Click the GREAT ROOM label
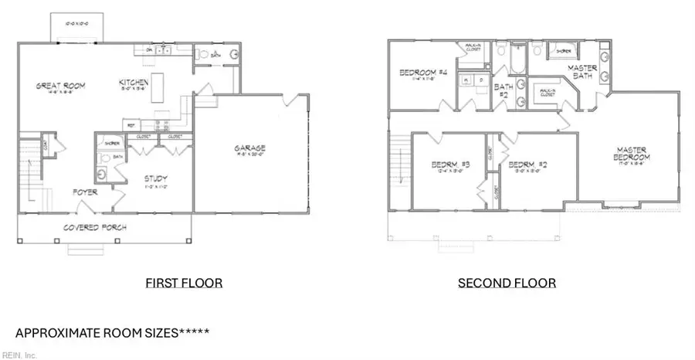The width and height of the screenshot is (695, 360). (x=59, y=85)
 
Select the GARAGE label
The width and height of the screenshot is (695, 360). (x=250, y=148)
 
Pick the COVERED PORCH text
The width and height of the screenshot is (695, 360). (x=95, y=227)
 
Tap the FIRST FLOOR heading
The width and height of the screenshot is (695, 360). (x=184, y=284)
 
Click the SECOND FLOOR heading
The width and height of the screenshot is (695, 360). (x=507, y=284)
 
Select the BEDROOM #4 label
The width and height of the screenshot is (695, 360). (x=423, y=73)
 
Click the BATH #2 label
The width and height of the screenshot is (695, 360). (x=502, y=90)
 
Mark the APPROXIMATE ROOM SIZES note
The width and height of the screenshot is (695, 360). (x=112, y=333)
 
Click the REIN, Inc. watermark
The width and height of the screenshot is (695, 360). (x=19, y=355)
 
